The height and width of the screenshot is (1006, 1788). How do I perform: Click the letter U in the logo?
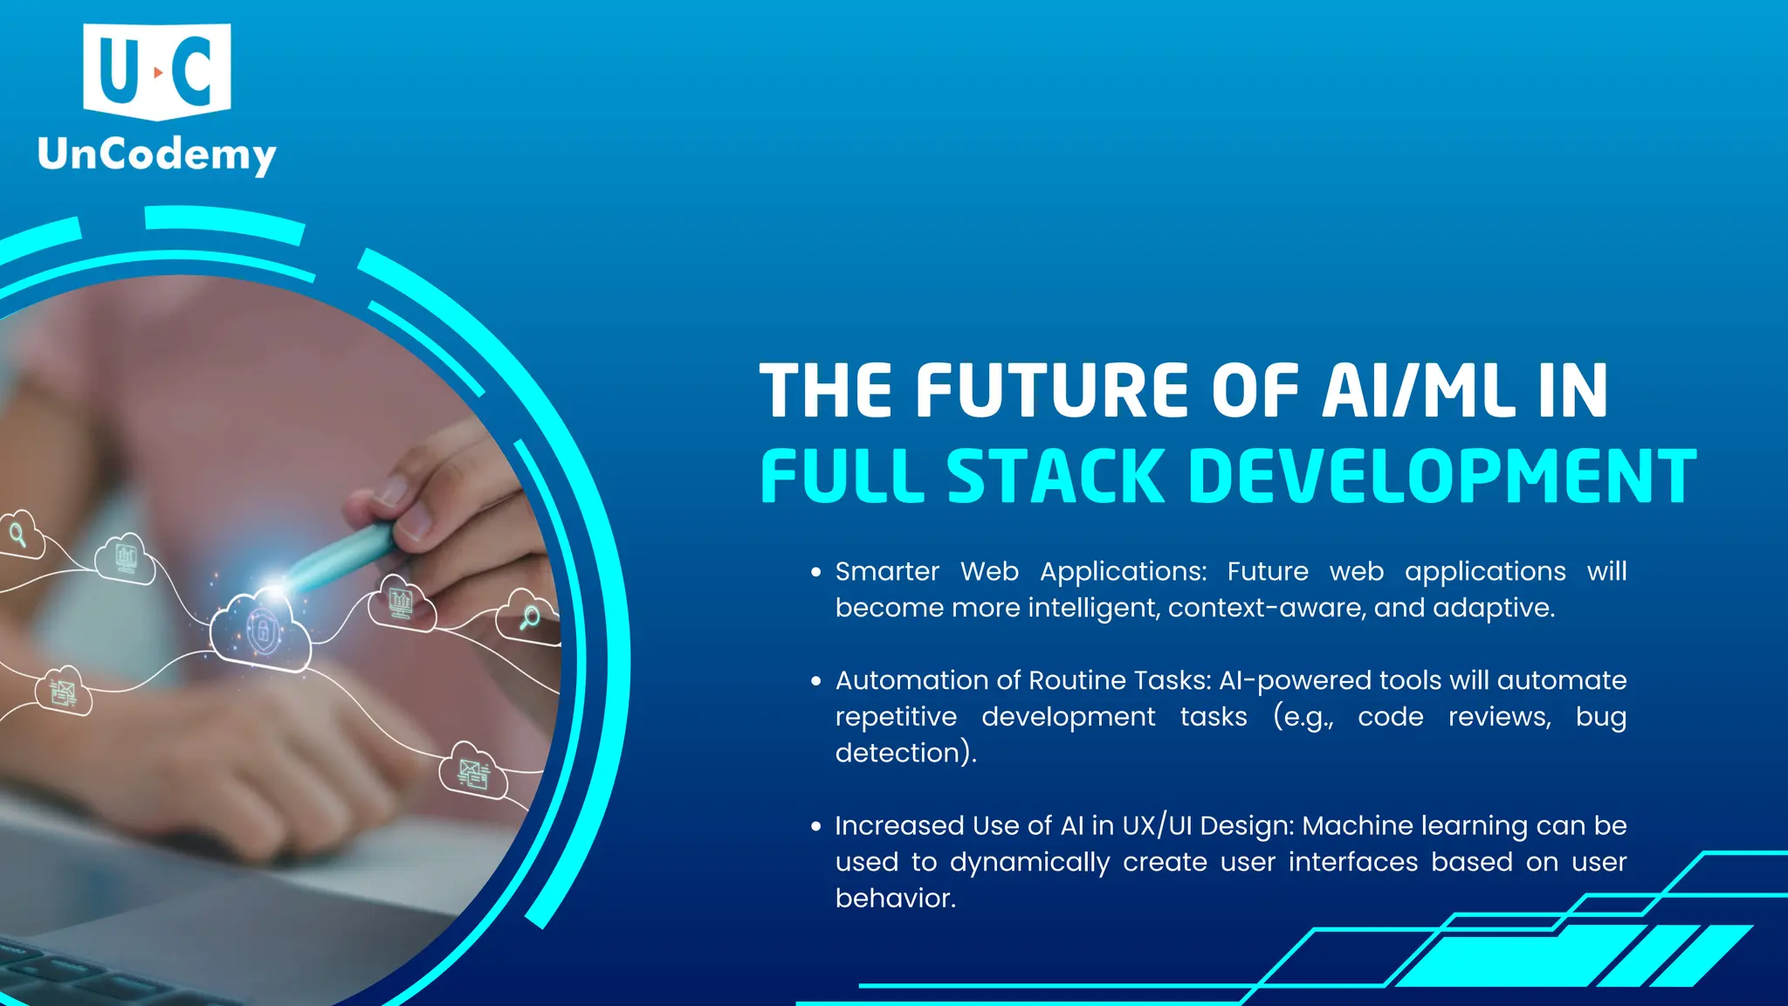point(120,70)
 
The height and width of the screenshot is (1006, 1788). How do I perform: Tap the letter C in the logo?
point(193,70)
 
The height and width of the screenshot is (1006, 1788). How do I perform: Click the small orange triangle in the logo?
point(157,72)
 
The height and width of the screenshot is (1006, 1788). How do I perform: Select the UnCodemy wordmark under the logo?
point(157,155)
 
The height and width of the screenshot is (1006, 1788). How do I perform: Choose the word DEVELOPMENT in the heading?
point(1442,476)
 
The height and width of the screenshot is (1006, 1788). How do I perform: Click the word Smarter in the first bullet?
point(887,571)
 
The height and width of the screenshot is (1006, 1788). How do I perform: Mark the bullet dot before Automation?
point(816,681)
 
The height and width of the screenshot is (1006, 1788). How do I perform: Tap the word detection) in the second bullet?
point(905,753)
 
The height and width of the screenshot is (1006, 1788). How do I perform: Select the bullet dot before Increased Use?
point(816,826)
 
